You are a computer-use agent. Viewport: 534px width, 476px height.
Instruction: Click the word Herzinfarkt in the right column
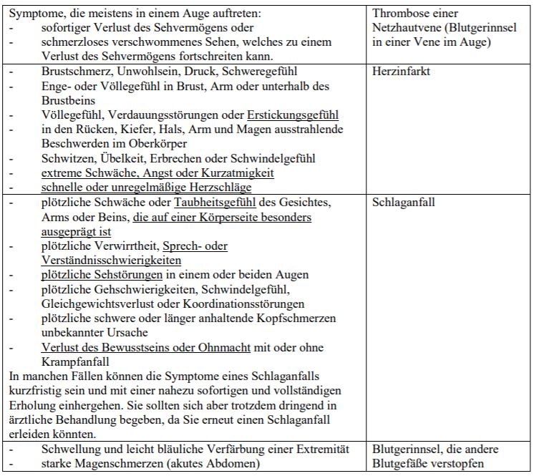(x=401, y=72)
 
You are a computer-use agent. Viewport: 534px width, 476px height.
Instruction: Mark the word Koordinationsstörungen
(x=266, y=303)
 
